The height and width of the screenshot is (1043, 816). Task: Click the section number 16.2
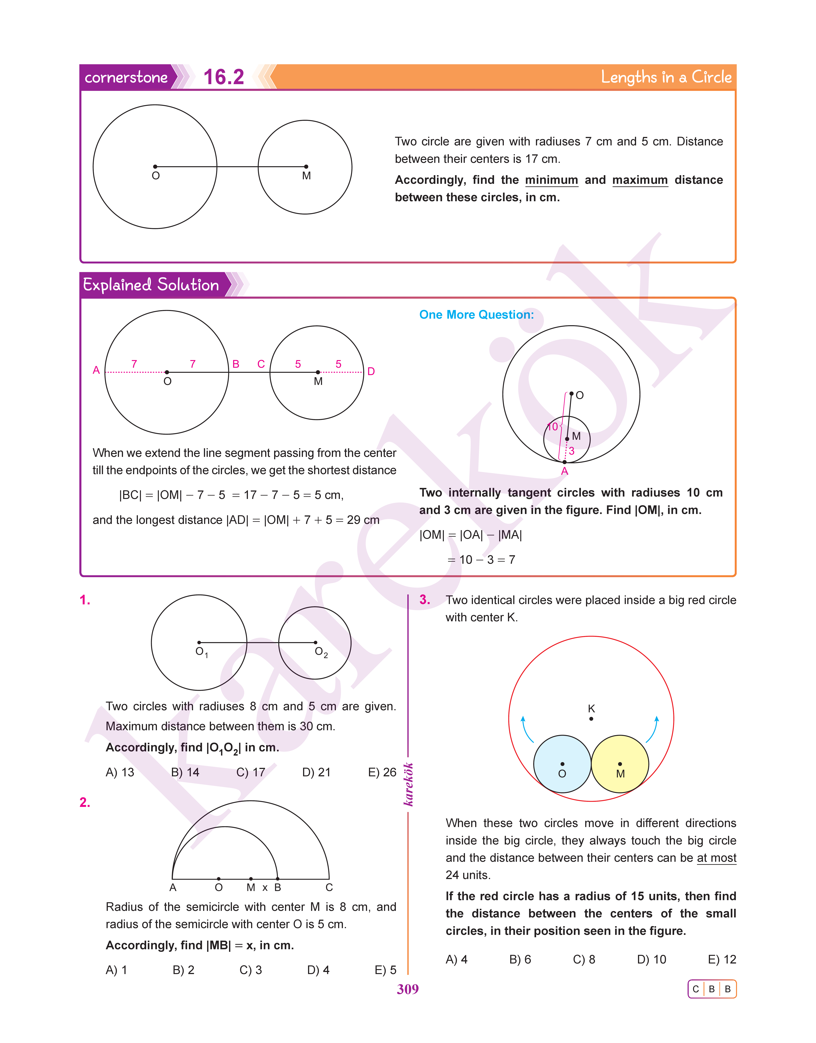224,77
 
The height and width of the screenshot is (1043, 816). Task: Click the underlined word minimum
551,180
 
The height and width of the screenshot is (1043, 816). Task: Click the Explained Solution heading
151,285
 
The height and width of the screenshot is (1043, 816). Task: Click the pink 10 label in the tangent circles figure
552,427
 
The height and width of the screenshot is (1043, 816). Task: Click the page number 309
408,989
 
